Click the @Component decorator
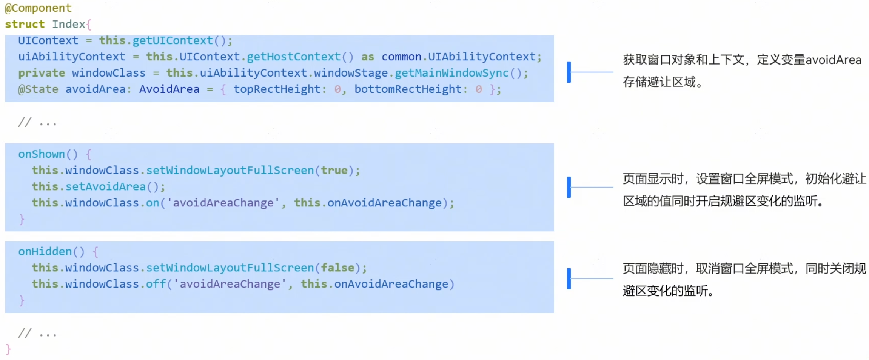click(38, 8)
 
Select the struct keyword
click(25, 24)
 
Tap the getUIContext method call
click(173, 40)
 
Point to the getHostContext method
click(293, 57)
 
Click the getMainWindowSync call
click(451, 73)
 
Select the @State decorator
click(38, 89)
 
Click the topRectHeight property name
click(277, 89)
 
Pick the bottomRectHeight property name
click(408, 89)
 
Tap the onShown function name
click(42, 154)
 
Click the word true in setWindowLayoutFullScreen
click(334, 170)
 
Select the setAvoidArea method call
click(106, 186)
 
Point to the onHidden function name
click(45, 251)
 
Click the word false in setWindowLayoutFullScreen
click(337, 268)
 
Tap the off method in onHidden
click(156, 284)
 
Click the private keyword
click(42, 73)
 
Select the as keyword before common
click(367, 57)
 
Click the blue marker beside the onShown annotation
click(569, 187)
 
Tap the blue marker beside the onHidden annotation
click(569, 278)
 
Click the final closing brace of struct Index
click(8, 349)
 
